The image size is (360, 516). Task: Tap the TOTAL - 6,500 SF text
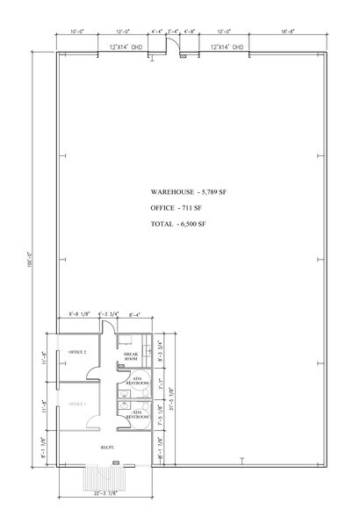(x=178, y=224)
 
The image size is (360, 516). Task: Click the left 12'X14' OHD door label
(x=126, y=47)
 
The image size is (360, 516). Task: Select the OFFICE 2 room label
(x=77, y=352)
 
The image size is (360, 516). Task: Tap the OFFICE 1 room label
(x=77, y=403)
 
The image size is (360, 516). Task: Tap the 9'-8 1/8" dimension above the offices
(x=81, y=313)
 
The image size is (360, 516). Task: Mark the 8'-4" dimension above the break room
(x=136, y=313)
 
